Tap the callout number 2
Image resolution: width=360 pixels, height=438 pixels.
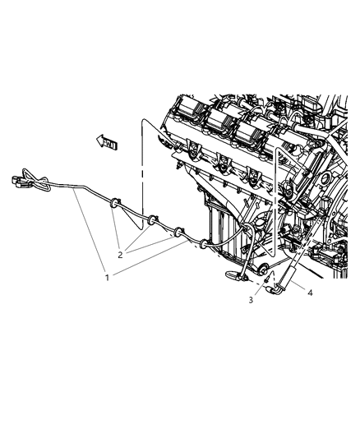point(120,255)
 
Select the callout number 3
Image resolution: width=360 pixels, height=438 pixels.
point(252,301)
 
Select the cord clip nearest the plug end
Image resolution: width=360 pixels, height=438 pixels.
point(115,201)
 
